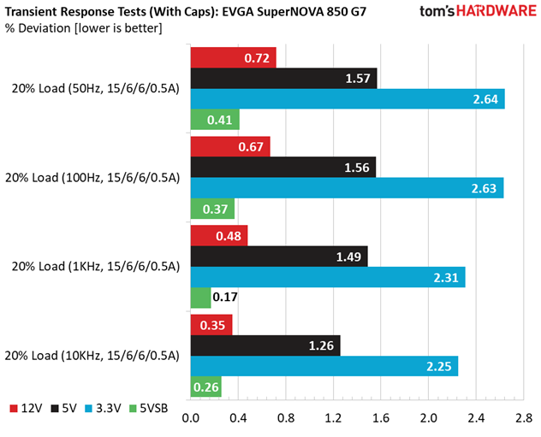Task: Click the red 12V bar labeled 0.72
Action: (x=233, y=57)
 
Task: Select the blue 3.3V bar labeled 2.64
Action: (x=348, y=99)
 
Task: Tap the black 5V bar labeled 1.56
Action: (x=283, y=167)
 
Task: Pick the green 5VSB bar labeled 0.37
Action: (x=212, y=209)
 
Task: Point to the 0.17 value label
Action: (x=225, y=297)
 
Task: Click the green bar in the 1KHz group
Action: (x=201, y=298)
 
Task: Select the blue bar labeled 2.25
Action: (x=324, y=366)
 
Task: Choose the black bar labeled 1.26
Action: (x=265, y=345)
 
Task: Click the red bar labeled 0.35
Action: (x=211, y=325)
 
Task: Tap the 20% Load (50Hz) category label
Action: (x=96, y=89)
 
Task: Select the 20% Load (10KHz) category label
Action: (x=92, y=356)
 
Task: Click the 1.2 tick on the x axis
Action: (x=333, y=418)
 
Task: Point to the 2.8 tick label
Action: (x=524, y=418)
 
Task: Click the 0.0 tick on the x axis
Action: (x=190, y=418)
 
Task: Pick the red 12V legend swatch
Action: (x=14, y=409)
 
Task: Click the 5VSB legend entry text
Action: (x=153, y=409)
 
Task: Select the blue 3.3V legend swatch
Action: (x=89, y=409)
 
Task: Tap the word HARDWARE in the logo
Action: (x=496, y=11)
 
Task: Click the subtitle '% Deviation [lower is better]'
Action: (x=84, y=28)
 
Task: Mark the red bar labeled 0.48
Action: (x=219, y=236)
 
